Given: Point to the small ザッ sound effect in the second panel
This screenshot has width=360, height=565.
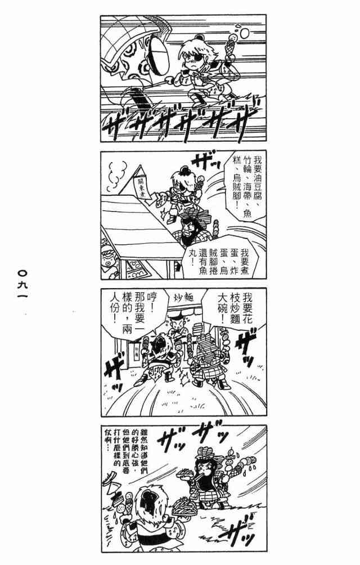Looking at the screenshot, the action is [201, 164].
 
